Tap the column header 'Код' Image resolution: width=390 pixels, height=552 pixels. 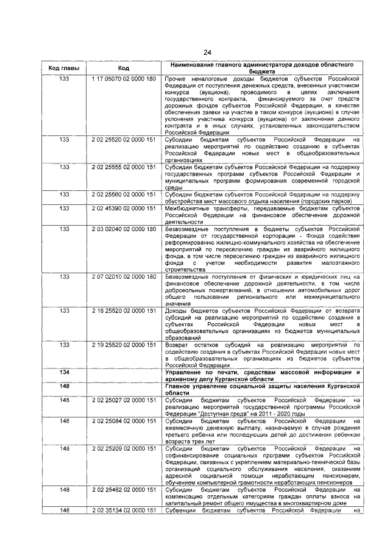(124, 68)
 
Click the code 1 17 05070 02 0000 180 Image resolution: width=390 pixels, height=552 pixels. (124, 79)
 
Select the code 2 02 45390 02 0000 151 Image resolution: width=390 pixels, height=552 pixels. (124, 209)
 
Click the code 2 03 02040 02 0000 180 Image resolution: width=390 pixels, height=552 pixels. (124, 229)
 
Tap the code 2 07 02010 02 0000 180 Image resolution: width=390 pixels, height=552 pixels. (124, 277)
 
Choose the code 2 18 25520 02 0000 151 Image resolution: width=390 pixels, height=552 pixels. (124, 310)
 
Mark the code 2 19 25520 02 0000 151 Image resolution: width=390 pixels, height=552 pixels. (124, 345)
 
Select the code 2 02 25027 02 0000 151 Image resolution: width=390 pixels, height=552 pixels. (124, 400)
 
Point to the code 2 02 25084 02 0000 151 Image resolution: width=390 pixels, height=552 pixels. (124, 421)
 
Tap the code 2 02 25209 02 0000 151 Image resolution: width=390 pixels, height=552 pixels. (124, 448)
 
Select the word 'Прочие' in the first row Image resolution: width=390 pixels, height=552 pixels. (177, 79)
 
